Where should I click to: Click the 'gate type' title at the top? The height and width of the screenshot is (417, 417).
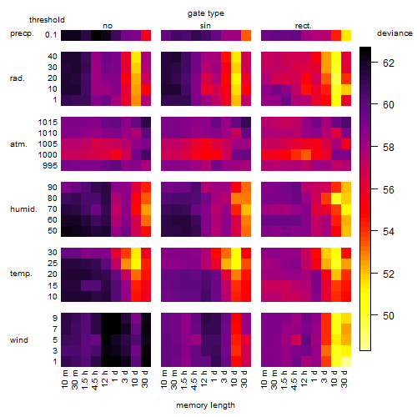click(x=206, y=13)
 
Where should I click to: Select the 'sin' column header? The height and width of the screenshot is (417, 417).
click(x=205, y=26)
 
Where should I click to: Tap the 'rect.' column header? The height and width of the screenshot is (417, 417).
click(x=304, y=26)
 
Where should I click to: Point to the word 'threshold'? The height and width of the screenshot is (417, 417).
click(x=47, y=20)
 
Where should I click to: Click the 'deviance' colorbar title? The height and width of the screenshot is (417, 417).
click(x=394, y=33)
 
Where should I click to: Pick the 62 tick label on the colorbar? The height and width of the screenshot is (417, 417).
click(x=389, y=63)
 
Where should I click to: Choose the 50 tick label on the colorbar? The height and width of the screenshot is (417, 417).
click(x=389, y=316)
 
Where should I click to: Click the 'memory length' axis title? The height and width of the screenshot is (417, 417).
click(x=206, y=405)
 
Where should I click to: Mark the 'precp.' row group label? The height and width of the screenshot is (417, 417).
click(x=22, y=34)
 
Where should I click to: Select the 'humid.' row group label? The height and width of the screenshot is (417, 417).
click(x=23, y=209)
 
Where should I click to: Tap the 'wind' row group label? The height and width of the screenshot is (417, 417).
click(x=19, y=340)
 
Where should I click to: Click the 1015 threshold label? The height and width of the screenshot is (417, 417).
click(x=48, y=123)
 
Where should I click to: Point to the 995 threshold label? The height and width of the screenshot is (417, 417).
click(x=50, y=166)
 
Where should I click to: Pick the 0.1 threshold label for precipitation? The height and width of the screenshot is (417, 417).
click(x=51, y=35)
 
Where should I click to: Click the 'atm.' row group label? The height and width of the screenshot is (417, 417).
click(x=18, y=144)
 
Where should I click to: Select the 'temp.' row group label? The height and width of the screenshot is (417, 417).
click(x=21, y=274)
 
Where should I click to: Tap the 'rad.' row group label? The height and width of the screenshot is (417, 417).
click(x=18, y=78)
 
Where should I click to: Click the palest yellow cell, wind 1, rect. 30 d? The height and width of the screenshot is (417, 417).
click(x=346, y=361)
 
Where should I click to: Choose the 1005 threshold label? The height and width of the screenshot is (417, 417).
click(x=48, y=144)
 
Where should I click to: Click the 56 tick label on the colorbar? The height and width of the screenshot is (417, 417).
click(x=389, y=190)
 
